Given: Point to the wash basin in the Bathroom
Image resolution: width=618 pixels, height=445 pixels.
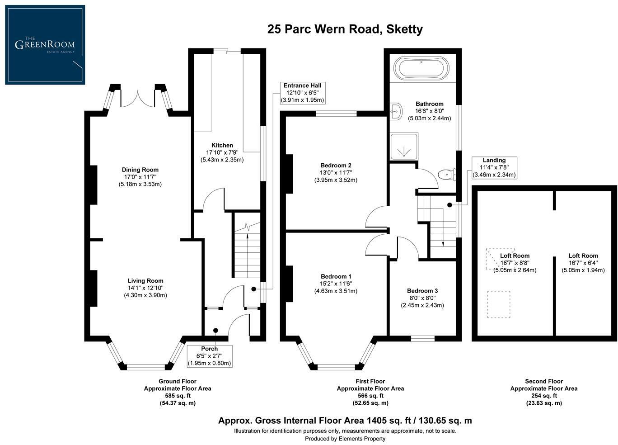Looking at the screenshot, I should tap(396, 111).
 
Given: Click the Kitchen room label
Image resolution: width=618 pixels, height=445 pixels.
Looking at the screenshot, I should tap(222, 145).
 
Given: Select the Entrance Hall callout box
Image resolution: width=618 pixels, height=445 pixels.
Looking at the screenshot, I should tap(302, 93).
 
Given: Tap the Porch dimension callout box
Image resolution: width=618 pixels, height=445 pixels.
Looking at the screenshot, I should tap(209, 356).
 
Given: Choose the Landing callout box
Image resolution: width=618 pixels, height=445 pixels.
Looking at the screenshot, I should tap(494, 167).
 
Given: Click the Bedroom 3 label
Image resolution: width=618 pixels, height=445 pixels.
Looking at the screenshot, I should tap(422, 291).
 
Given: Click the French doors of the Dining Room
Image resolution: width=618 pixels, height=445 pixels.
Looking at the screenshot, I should tap(138, 97).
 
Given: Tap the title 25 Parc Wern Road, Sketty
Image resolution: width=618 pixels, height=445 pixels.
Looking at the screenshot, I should tap(345, 29).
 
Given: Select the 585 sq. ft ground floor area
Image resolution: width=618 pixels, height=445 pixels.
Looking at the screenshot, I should tap(177, 396).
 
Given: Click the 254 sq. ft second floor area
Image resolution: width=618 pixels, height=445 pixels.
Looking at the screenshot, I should tap(543, 396).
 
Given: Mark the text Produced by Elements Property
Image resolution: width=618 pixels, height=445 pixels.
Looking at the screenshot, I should tap(345, 438).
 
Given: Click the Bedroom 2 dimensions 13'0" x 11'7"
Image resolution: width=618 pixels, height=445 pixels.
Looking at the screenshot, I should tap(336, 172).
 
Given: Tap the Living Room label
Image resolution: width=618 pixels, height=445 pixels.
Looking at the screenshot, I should tap(145, 281).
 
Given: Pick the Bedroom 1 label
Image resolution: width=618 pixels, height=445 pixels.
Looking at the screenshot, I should tap(336, 276).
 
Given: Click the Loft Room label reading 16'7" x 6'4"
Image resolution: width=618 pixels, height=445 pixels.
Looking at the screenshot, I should tap(583, 263).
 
